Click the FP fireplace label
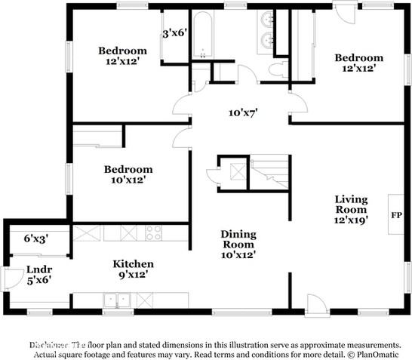[395, 214]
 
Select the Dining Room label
[238, 239]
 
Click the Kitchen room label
[134, 263]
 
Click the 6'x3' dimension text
[36, 238]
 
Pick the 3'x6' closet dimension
[175, 33]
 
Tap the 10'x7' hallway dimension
[244, 112]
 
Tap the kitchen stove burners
[154, 232]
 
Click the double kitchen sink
[116, 300]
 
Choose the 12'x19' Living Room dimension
[351, 220]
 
